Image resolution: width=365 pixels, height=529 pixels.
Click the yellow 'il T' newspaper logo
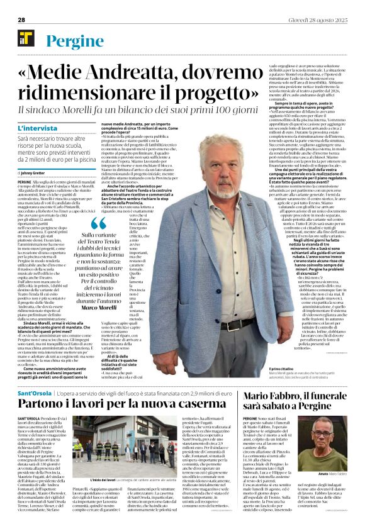pyautogui.click(x=26, y=37)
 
